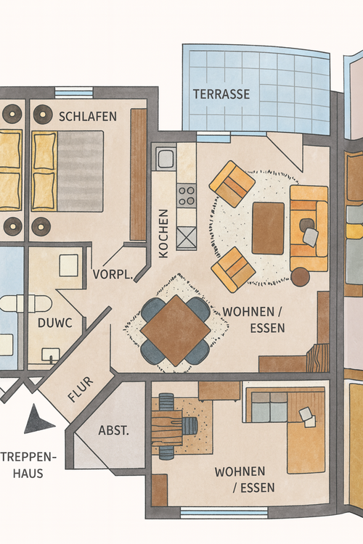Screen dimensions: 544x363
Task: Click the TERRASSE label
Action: tap(221, 94)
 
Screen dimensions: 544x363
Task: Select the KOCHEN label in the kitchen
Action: tap(163, 234)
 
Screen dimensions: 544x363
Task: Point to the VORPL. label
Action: tap(113, 275)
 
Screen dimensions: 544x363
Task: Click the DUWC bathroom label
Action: tap(54, 323)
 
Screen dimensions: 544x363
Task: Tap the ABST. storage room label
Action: tap(114, 431)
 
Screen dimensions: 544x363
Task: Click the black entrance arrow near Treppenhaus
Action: tap(38, 421)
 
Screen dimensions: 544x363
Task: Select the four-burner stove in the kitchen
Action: tap(187, 194)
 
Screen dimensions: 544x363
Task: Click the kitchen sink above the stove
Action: tap(164, 158)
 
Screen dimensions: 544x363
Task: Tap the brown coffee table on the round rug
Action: tap(268, 228)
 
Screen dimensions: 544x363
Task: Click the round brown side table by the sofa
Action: tap(300, 276)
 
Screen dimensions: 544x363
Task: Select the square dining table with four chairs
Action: tap(175, 330)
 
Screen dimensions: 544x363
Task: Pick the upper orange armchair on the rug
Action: tap(232, 184)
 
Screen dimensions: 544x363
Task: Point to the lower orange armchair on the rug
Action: tap(233, 269)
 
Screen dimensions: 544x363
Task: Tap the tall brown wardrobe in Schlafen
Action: tap(138, 174)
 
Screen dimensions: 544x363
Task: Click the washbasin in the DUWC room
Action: tap(51, 355)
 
